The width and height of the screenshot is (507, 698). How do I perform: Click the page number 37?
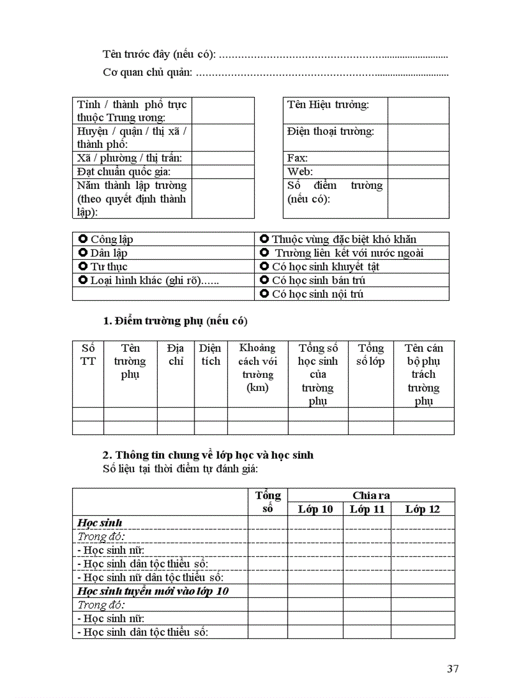pyautogui.click(x=452, y=669)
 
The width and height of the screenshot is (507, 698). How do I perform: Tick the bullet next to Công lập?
pyautogui.click(x=83, y=239)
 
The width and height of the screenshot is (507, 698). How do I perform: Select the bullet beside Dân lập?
pyautogui.click(x=83, y=253)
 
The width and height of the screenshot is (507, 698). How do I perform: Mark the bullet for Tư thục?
pyautogui.click(x=83, y=267)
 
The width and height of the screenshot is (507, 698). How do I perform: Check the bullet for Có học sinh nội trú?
pyautogui.click(x=264, y=294)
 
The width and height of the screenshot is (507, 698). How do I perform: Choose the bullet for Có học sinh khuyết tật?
pyautogui.click(x=264, y=267)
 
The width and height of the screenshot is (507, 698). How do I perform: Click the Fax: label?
pyautogui.click(x=298, y=158)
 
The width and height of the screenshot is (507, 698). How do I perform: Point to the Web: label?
pyautogui.click(x=300, y=172)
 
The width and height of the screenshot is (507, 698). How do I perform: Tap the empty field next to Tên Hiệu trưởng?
pyautogui.click(x=418, y=111)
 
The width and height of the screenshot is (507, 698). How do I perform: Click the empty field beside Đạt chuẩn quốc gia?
pyautogui.click(x=222, y=172)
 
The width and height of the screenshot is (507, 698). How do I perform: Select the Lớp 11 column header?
pyautogui.click(x=367, y=510)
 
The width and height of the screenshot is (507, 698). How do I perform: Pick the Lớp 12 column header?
pyautogui.click(x=422, y=510)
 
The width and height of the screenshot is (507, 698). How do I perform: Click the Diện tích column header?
pyautogui.click(x=211, y=355)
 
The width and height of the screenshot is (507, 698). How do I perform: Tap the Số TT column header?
pyautogui.click(x=88, y=355)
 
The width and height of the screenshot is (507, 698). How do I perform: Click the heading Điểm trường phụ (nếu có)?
pyautogui.click(x=175, y=321)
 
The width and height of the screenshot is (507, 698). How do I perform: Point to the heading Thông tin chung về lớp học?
pyautogui.click(x=208, y=455)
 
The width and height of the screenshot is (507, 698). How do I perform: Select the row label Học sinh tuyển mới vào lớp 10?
pyautogui.click(x=153, y=591)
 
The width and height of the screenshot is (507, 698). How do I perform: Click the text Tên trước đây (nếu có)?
pyautogui.click(x=159, y=55)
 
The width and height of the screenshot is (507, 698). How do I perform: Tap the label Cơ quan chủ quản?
pyautogui.click(x=147, y=73)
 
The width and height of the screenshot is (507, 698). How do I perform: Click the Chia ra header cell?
pyautogui.click(x=371, y=495)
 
